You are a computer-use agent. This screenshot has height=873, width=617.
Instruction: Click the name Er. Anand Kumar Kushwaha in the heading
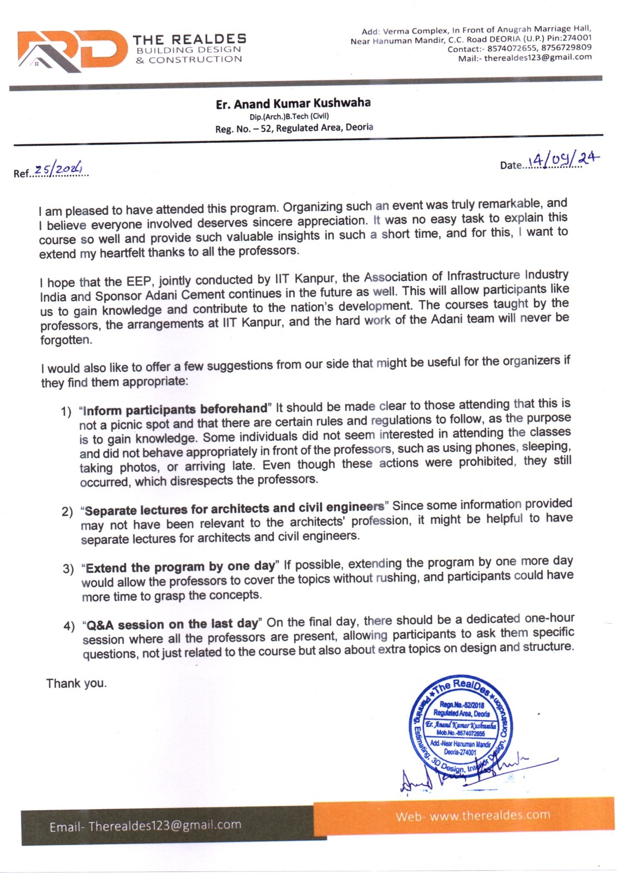[x=293, y=104]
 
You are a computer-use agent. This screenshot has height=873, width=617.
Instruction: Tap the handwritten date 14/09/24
[x=564, y=160]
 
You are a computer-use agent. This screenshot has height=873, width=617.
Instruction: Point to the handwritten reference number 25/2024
[x=58, y=170]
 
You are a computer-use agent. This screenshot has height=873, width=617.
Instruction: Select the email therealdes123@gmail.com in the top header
[x=538, y=57]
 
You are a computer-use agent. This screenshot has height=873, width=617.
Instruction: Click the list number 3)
[x=68, y=569]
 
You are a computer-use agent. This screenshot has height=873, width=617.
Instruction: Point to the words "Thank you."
[x=76, y=683]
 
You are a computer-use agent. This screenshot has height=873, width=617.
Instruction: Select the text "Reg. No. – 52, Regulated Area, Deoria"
[x=294, y=128]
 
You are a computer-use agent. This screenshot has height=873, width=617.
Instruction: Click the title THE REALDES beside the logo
[x=189, y=39]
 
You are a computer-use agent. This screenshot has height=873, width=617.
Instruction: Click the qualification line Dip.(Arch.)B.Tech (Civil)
[x=289, y=116]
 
